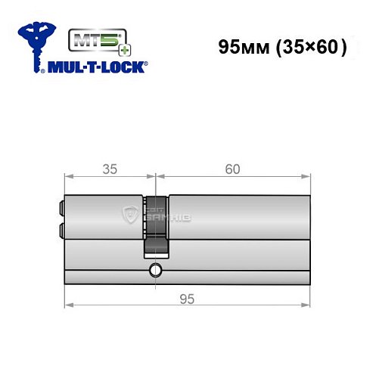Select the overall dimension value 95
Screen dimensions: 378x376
[187, 299]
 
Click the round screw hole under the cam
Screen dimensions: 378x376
[155, 270]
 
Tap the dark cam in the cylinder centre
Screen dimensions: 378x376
[155, 227]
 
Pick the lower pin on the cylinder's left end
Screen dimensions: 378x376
[59, 226]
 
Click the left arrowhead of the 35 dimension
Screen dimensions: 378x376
[67, 178]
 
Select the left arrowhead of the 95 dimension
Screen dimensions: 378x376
[67, 306]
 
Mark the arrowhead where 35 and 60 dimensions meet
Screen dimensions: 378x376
[155, 178]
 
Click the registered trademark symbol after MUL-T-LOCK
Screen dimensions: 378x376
[147, 64]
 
